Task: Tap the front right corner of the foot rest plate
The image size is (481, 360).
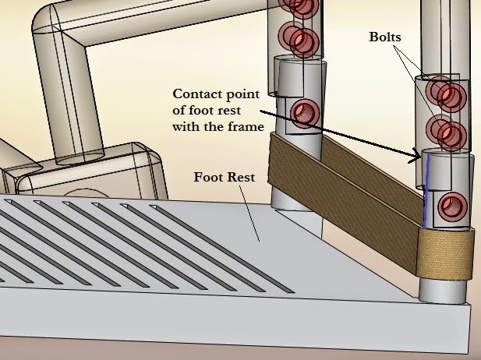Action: click(x=470, y=307)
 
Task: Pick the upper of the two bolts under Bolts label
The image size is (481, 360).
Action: click(x=449, y=96)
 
